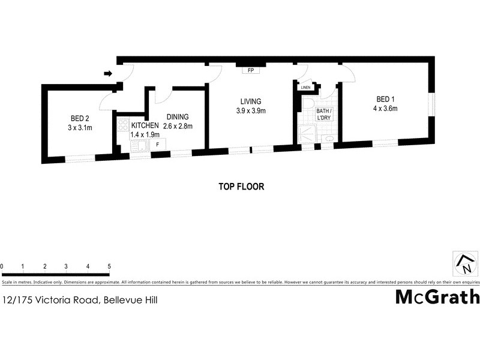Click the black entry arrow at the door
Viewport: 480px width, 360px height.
[x=108, y=74]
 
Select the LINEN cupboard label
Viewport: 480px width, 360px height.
[x=306, y=88]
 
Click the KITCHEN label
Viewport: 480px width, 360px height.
[x=145, y=125]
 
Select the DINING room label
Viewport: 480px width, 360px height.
[x=178, y=117]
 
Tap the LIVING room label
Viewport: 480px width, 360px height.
[x=250, y=101]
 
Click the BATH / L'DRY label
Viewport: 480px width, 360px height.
[x=325, y=115]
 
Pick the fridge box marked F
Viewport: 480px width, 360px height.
[x=158, y=145]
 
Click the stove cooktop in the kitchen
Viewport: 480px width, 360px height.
[x=122, y=125]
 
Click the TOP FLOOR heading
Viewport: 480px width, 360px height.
[x=241, y=187]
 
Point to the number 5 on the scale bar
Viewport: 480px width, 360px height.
[x=109, y=266]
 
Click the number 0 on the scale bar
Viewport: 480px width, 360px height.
[x=2, y=266]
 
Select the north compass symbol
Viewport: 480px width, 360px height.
[x=465, y=262]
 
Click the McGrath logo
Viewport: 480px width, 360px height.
[x=437, y=297]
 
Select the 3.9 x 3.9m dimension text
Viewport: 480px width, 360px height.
[x=250, y=110]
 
